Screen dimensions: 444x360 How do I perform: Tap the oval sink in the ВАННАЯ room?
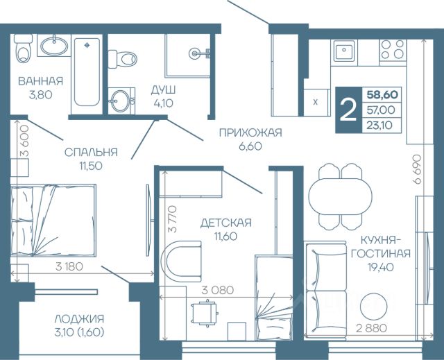click(x=54, y=45)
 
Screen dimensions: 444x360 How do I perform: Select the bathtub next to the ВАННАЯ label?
click(x=87, y=72)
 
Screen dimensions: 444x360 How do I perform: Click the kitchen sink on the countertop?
click(x=344, y=51)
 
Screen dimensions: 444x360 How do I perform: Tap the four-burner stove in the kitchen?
click(x=393, y=49)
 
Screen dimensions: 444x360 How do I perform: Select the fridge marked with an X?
click(x=316, y=103)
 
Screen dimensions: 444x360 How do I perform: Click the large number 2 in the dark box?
click(x=348, y=110)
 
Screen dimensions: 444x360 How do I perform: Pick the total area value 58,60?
click(x=382, y=94)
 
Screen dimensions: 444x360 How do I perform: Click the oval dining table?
click(x=340, y=196)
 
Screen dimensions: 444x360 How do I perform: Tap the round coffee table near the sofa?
click(x=373, y=307)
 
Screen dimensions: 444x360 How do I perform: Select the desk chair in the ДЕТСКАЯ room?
click(x=205, y=313)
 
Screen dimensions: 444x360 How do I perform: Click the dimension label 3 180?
click(x=69, y=266)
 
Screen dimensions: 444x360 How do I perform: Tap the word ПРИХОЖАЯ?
click(x=250, y=132)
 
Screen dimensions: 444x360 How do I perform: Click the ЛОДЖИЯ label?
click(x=79, y=318)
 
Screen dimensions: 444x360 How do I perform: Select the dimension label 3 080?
click(x=218, y=290)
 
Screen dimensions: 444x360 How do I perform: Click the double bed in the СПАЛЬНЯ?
click(x=53, y=221)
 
